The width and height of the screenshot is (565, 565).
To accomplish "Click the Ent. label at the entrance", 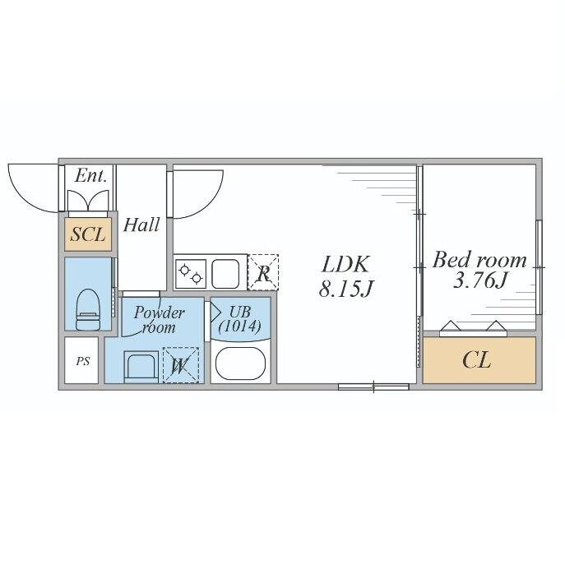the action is pyautogui.click(x=90, y=176).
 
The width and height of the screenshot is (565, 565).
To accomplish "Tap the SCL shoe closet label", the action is pyautogui.click(x=88, y=234).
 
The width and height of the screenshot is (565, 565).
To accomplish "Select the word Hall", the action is pyautogui.click(x=141, y=225).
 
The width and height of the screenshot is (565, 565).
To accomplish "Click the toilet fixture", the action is pyautogui.click(x=88, y=309).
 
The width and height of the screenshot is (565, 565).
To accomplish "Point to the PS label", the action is pyautogui.click(x=83, y=361).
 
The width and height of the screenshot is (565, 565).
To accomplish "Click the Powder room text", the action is pyautogui.click(x=159, y=320).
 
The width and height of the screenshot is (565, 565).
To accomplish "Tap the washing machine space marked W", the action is pyautogui.click(x=181, y=364).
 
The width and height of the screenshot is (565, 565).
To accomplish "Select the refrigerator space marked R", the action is pyautogui.click(x=263, y=272).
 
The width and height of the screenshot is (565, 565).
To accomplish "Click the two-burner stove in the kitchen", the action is pyautogui.click(x=191, y=274).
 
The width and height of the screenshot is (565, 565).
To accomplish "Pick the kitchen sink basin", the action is pyautogui.click(x=225, y=274).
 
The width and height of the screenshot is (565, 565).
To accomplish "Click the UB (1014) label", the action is pyautogui.click(x=239, y=319).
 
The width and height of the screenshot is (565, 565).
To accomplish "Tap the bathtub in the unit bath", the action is pyautogui.click(x=240, y=364).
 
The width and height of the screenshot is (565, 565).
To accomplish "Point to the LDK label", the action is pyautogui.click(x=345, y=264).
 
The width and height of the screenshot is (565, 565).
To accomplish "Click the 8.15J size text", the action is pyautogui.click(x=345, y=289).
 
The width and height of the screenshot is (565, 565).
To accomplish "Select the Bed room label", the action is pyautogui.click(x=479, y=260).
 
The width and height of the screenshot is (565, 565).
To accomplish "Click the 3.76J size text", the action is pyautogui.click(x=479, y=280).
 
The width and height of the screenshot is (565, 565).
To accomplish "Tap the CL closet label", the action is pyautogui.click(x=477, y=359).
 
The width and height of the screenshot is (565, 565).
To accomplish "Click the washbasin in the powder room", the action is pyautogui.click(x=141, y=367).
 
